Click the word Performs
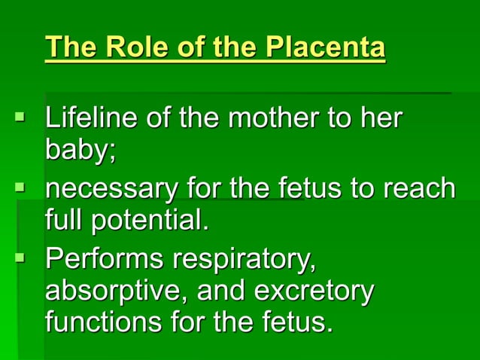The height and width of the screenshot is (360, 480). pos(104,258)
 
